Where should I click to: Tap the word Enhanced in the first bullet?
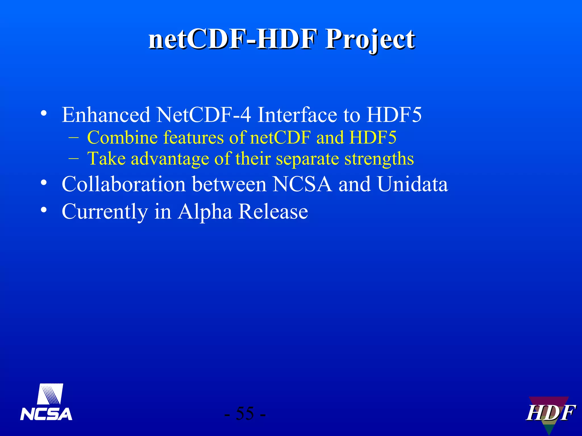106,115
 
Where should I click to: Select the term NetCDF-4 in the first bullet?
203,115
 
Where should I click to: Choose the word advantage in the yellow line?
170,158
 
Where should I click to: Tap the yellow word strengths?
379,158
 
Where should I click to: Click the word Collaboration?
124,184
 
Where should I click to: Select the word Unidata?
412,184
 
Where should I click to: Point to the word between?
229,184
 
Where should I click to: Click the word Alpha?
205,212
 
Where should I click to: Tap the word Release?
273,211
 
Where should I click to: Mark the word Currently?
105,212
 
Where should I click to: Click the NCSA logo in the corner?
46,402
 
